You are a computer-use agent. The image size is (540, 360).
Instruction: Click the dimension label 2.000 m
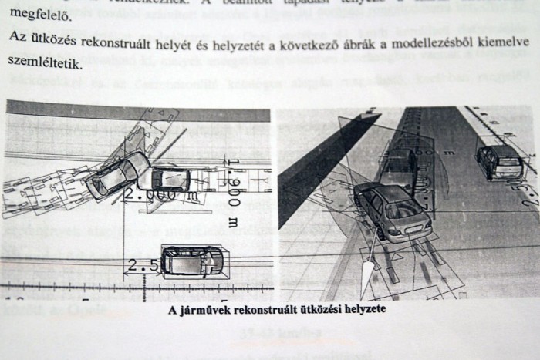point(159,194)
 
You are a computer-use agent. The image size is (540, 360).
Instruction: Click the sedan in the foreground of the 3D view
point(390,211)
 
